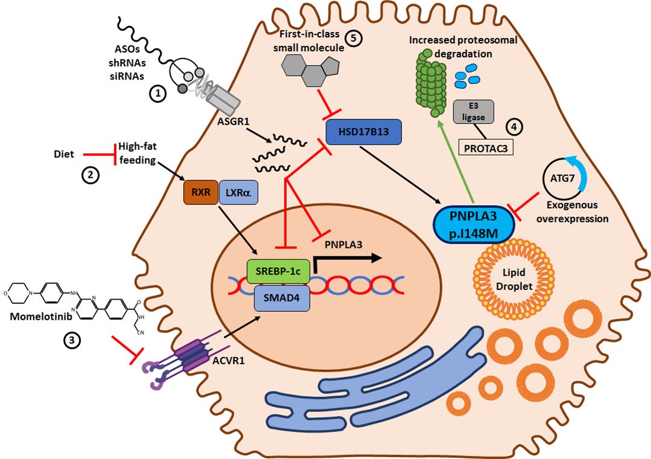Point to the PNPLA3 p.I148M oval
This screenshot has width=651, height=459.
pos(474,223)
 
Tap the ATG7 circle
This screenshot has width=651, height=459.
pos(566,178)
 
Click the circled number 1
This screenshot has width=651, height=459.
pos(157,93)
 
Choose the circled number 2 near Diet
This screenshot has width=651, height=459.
pos(89,175)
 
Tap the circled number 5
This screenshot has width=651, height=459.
pos(353,37)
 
